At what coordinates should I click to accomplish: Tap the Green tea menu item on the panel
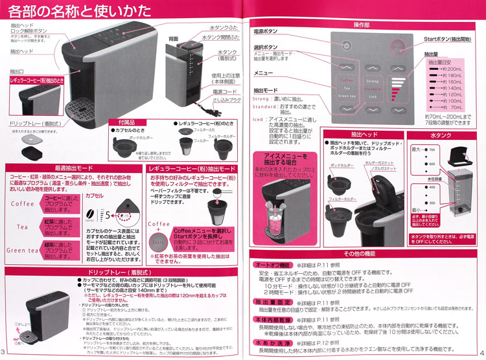[x=346, y=96]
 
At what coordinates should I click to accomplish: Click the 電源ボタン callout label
[x=267, y=30]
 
